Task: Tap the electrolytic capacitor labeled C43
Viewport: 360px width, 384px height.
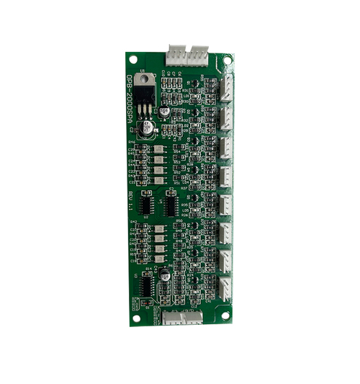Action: tap(165, 274)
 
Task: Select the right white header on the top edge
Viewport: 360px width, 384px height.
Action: tap(197, 53)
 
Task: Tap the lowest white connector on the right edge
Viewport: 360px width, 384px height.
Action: tap(227, 287)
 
